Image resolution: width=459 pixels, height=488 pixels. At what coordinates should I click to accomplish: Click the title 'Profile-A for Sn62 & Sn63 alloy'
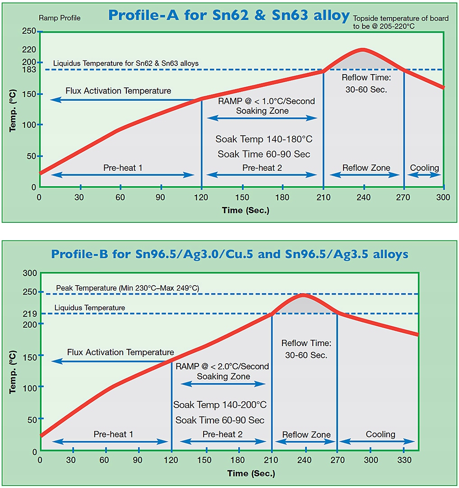coord(229,15)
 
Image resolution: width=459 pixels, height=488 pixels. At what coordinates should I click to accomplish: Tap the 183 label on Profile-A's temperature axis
coord(29,70)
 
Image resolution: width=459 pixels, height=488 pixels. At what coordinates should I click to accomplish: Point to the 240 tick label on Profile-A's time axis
coord(363,197)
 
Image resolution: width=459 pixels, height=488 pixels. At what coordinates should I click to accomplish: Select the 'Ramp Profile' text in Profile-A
coord(60,18)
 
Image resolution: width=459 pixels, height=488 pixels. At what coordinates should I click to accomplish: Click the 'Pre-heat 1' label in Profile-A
coord(123,168)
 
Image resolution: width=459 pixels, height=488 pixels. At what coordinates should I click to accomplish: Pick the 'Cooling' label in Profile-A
coord(424,168)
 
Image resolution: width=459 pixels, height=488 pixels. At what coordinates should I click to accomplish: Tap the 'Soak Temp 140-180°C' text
coord(264,139)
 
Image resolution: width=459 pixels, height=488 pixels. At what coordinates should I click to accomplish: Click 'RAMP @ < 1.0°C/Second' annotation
coord(266,101)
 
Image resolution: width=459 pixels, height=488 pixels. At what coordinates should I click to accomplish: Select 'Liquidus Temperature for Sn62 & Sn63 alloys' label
coord(126,63)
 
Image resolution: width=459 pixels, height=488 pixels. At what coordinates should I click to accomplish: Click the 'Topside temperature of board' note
coord(401,19)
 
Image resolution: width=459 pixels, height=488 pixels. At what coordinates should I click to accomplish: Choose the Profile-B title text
coord(230,254)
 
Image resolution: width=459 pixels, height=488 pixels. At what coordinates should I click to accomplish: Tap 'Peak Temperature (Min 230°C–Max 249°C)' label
coord(127,288)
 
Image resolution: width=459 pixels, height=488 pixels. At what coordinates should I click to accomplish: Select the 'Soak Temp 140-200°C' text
coord(220,405)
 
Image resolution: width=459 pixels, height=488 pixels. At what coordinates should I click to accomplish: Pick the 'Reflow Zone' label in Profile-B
coord(306,435)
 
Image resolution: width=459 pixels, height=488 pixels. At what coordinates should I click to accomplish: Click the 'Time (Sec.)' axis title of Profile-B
coord(251,474)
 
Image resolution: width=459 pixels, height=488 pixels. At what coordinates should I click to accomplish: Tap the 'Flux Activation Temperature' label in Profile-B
coord(121,352)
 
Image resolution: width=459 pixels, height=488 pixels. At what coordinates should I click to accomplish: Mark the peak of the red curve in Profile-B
coord(304,296)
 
